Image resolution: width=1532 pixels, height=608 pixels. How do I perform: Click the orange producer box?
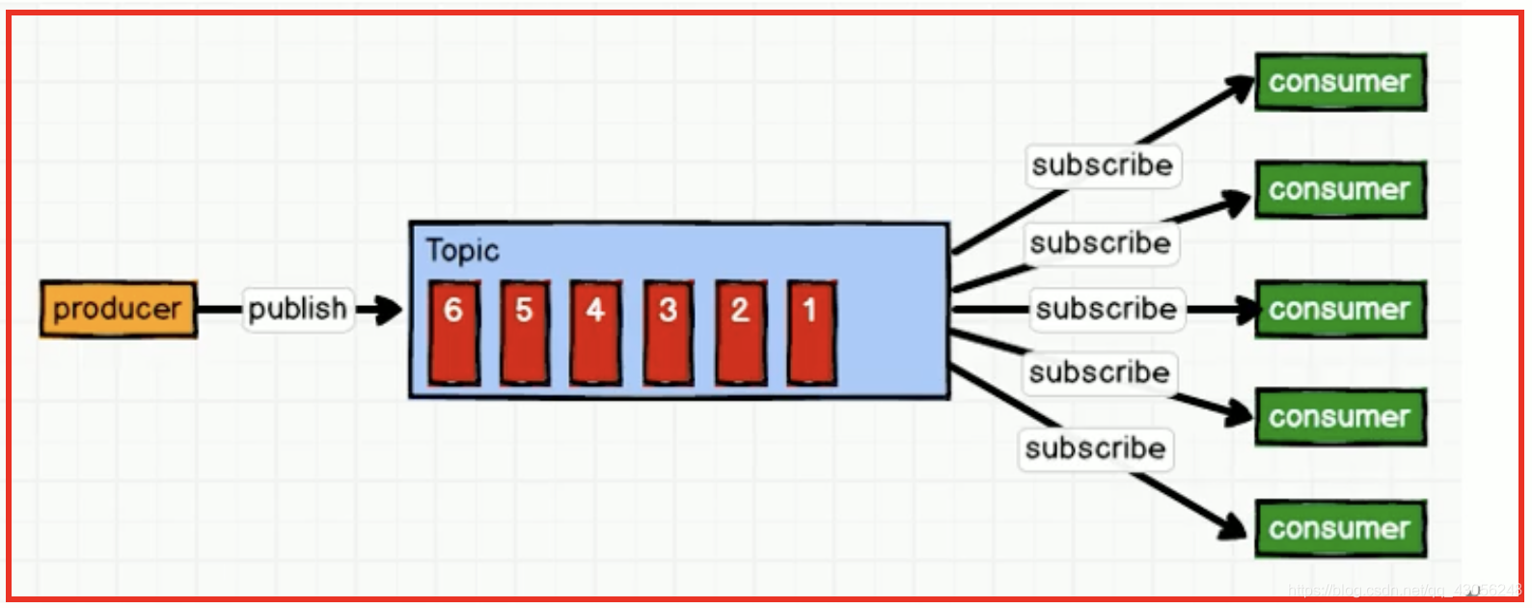pos(118,309)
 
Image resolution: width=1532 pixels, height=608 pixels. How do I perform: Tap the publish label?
pos(297,309)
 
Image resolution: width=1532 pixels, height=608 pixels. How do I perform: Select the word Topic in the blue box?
pos(462,250)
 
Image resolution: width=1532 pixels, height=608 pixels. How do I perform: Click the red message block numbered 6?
pos(453,332)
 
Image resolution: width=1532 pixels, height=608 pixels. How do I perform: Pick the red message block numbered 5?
pos(525,332)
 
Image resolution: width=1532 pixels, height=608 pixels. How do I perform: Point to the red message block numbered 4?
pos(595,332)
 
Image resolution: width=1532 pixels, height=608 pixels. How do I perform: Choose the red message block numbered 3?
pos(668,332)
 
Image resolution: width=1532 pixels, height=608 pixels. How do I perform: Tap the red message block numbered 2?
pos(740,332)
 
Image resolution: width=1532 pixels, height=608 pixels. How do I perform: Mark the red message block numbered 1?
pos(811,332)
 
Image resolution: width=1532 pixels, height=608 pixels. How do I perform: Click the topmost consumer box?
pos(1339,82)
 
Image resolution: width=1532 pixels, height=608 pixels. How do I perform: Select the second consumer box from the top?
pos(1339,189)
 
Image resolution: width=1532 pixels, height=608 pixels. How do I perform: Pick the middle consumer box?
pos(1339,309)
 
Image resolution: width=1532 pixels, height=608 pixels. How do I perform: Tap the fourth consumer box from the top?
pos(1339,417)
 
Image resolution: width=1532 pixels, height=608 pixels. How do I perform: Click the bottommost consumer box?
pos(1339,528)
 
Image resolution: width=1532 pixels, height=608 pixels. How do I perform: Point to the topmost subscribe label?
pos(1102,165)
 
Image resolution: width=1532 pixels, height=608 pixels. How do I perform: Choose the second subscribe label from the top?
pos(1100,242)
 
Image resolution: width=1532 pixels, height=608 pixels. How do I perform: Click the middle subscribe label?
pos(1106,309)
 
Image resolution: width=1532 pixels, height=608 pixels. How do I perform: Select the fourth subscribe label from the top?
pos(1099,372)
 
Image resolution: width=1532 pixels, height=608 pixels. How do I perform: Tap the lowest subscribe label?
pos(1095,448)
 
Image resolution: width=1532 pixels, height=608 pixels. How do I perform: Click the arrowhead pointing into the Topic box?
pos(388,310)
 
